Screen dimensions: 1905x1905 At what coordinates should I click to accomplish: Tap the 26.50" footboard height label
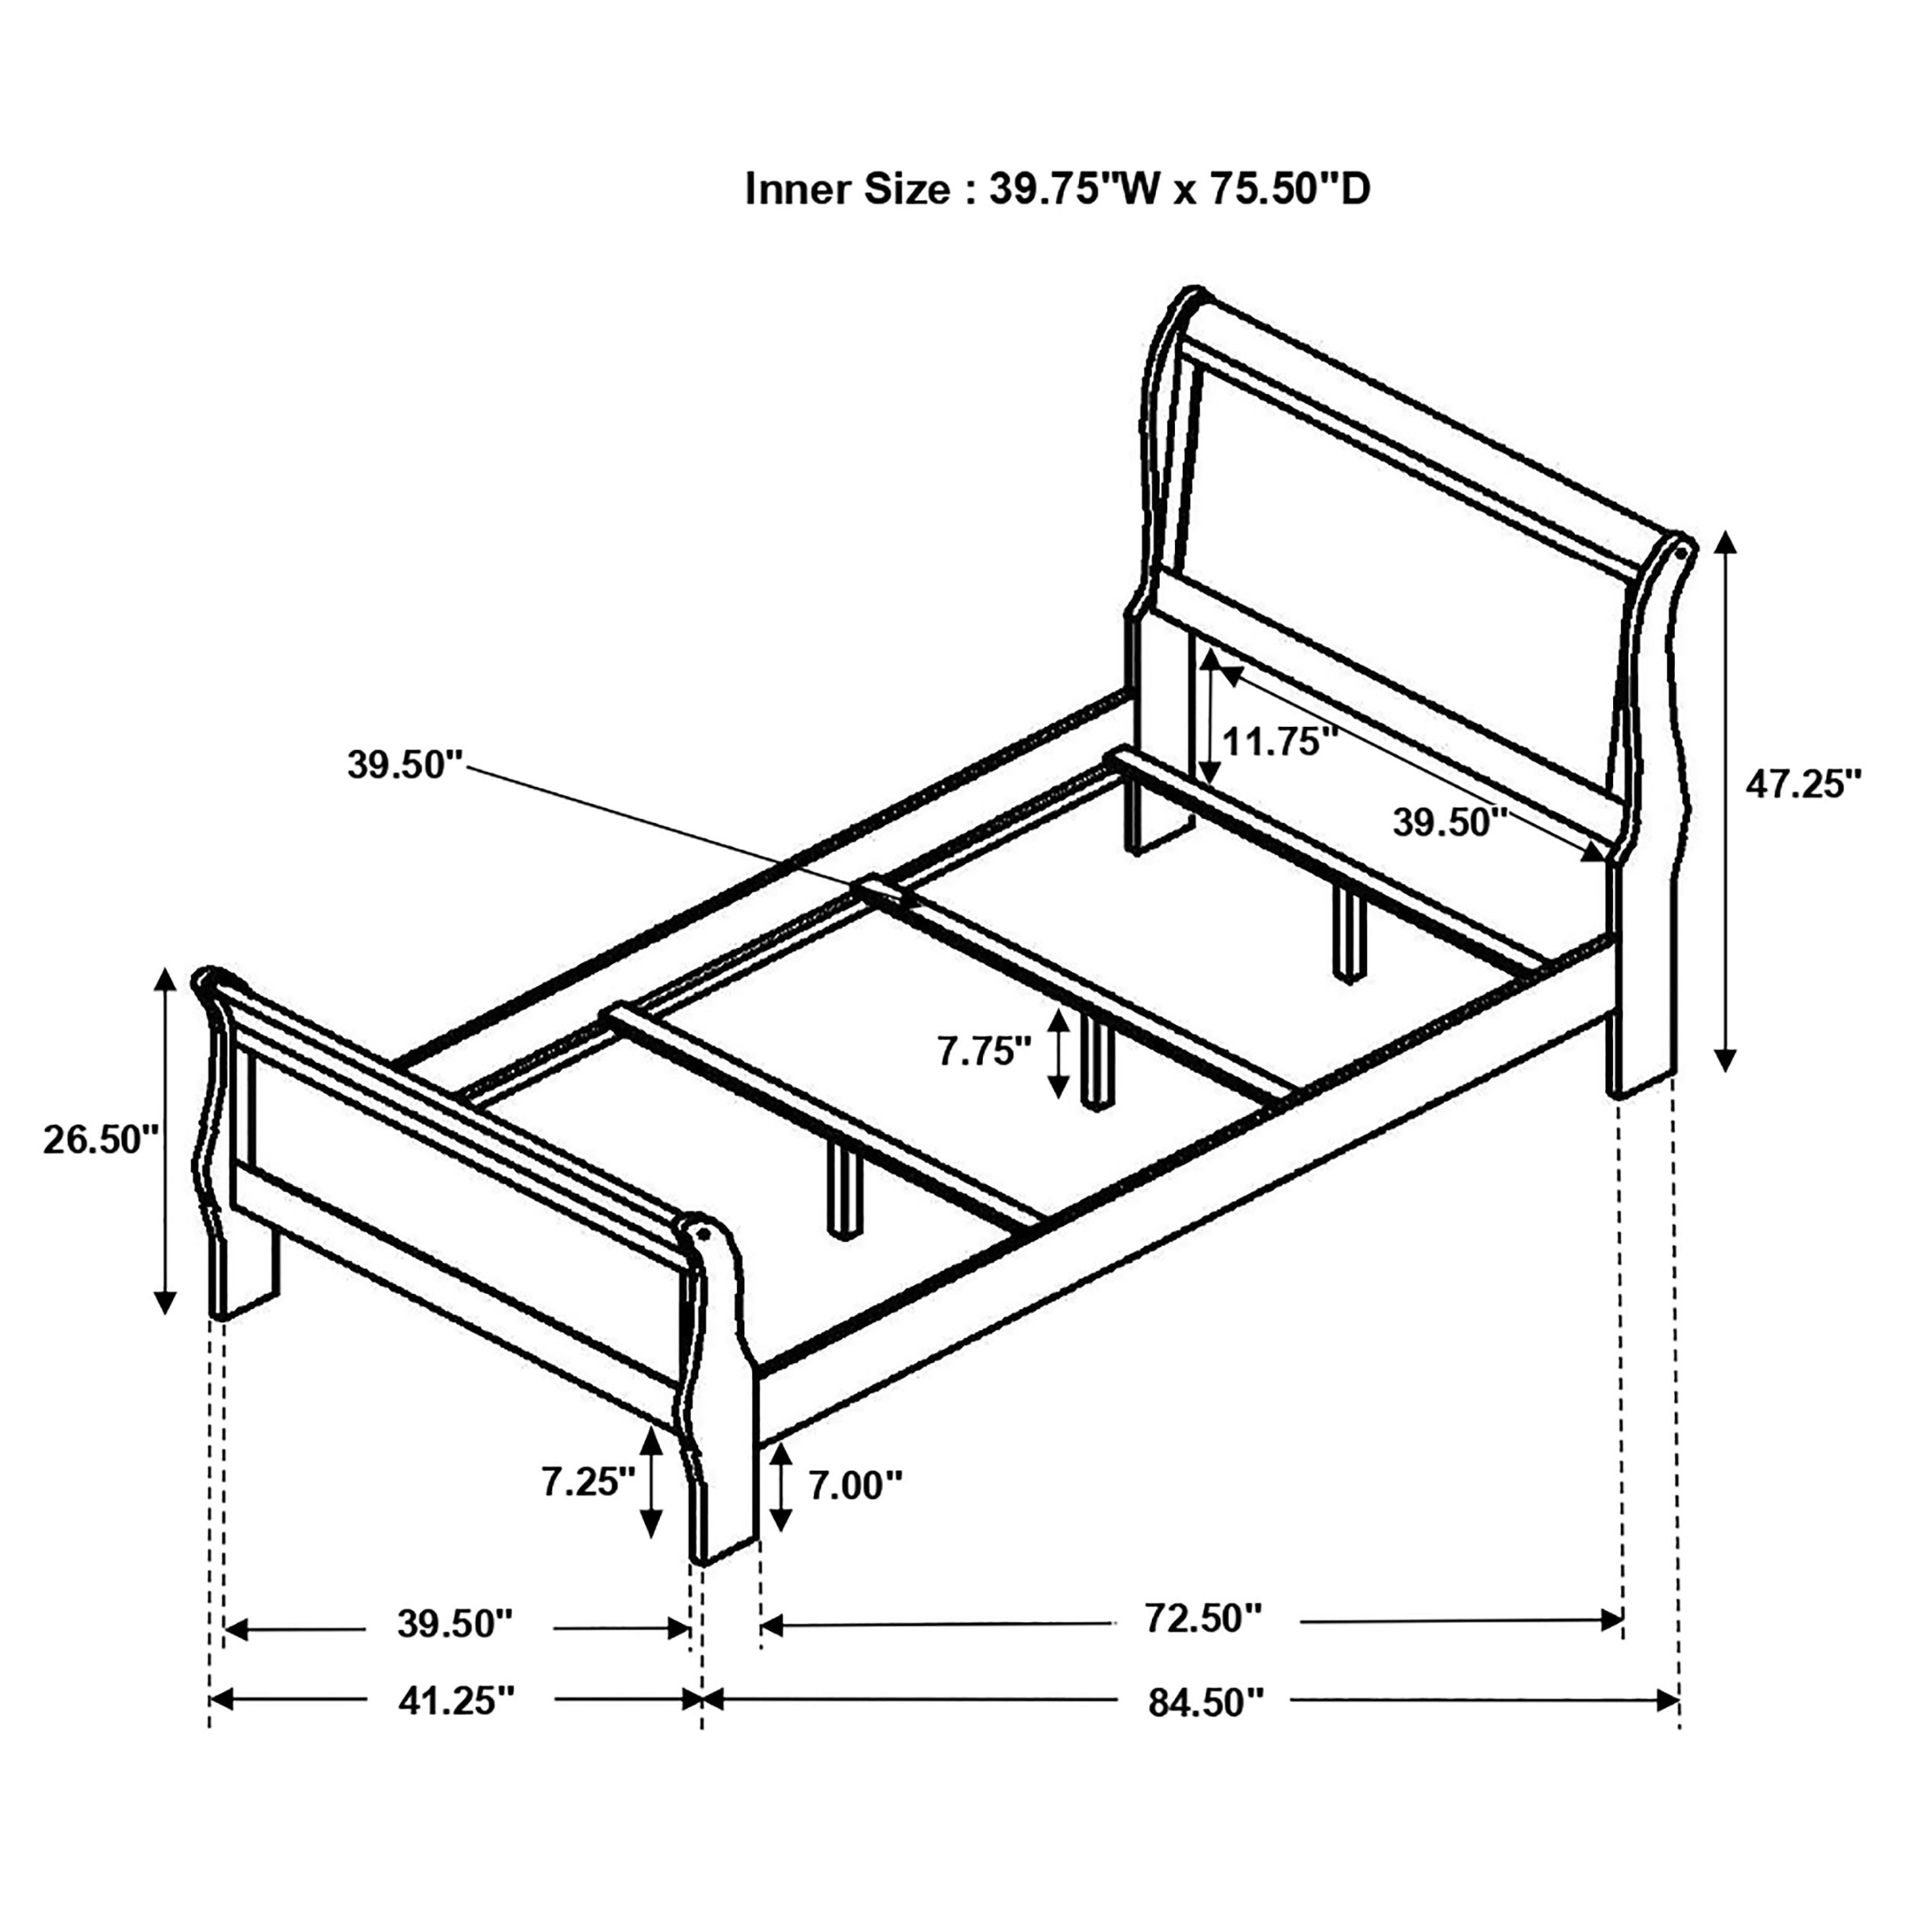(101, 1141)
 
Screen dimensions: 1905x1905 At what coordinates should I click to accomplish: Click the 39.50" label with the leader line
(405, 764)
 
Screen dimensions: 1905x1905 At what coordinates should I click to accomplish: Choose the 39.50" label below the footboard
(456, 1623)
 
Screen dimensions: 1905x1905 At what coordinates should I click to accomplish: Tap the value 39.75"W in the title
(1074, 189)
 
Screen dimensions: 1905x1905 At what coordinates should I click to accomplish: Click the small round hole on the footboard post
(704, 1231)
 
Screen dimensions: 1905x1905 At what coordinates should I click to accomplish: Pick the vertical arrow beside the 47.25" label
(1724, 801)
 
